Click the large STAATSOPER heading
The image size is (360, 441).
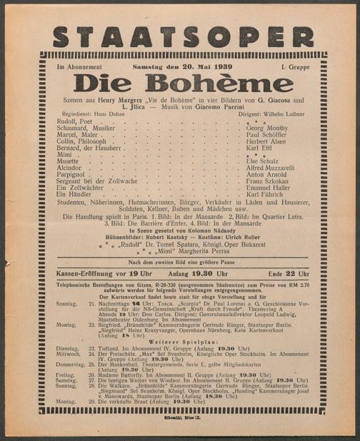pyautogui.click(x=182, y=36)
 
